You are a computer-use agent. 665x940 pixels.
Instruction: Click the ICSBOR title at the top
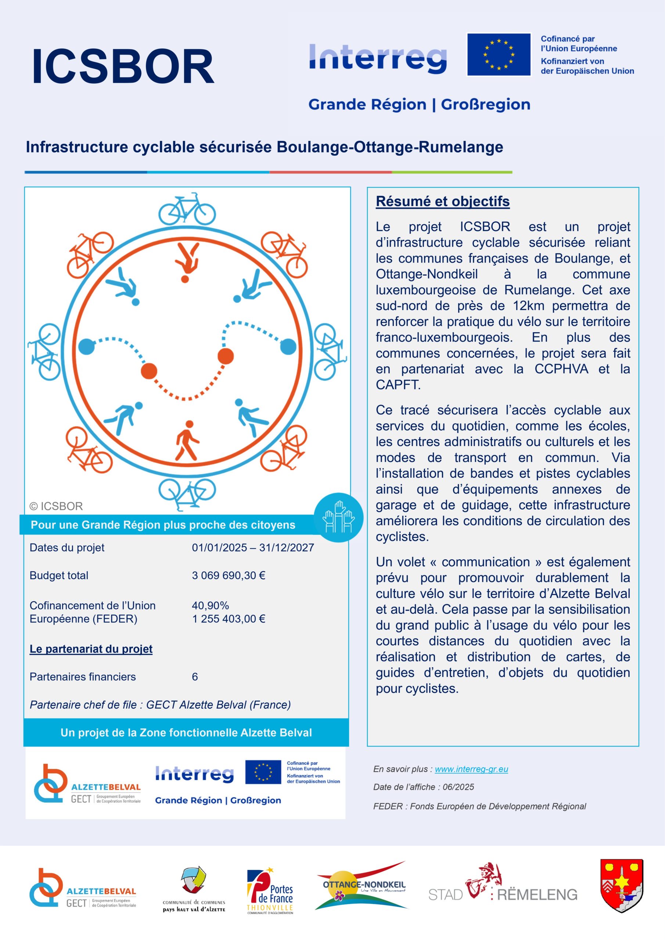pyautogui.click(x=123, y=66)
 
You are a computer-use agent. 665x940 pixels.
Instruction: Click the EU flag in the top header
pyautogui.click(x=499, y=54)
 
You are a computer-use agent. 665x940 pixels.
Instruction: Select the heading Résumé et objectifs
pyautogui.click(x=442, y=202)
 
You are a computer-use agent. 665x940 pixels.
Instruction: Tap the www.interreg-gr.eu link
pyautogui.click(x=471, y=769)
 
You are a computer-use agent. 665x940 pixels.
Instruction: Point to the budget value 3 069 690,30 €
pyautogui.click(x=228, y=575)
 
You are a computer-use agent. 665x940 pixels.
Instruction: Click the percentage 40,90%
pyautogui.click(x=210, y=605)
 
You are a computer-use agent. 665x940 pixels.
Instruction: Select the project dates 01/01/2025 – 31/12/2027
pyautogui.click(x=252, y=547)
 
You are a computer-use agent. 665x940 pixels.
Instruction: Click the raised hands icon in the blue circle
pyautogui.click(x=338, y=517)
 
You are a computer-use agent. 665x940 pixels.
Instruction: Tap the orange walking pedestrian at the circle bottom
pyautogui.click(x=187, y=441)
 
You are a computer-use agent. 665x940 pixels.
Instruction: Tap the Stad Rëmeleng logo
pyautogui.click(x=503, y=890)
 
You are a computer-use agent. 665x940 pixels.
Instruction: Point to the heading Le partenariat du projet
pyautogui.click(x=91, y=649)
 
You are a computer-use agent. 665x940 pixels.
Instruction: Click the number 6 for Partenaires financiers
pyautogui.click(x=195, y=677)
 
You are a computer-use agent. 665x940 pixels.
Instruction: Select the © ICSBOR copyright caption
pyautogui.click(x=56, y=506)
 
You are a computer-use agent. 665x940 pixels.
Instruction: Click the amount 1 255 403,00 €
pyautogui.click(x=228, y=619)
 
